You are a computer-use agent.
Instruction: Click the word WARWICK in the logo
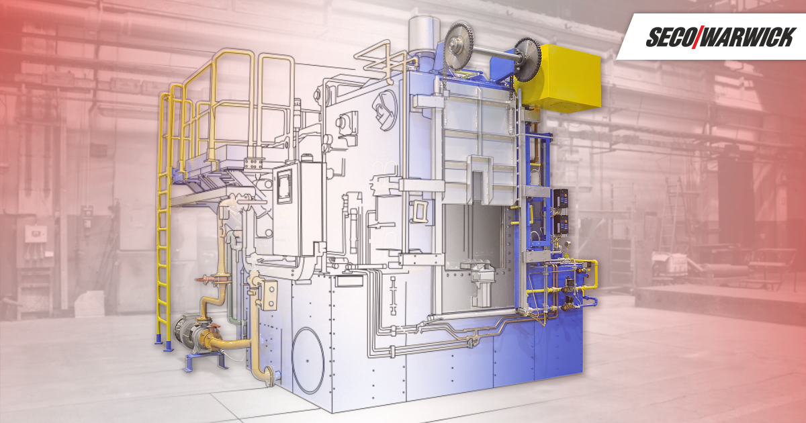[749, 37]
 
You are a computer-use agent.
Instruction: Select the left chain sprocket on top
[459, 46]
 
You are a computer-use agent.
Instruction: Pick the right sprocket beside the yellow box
[527, 59]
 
